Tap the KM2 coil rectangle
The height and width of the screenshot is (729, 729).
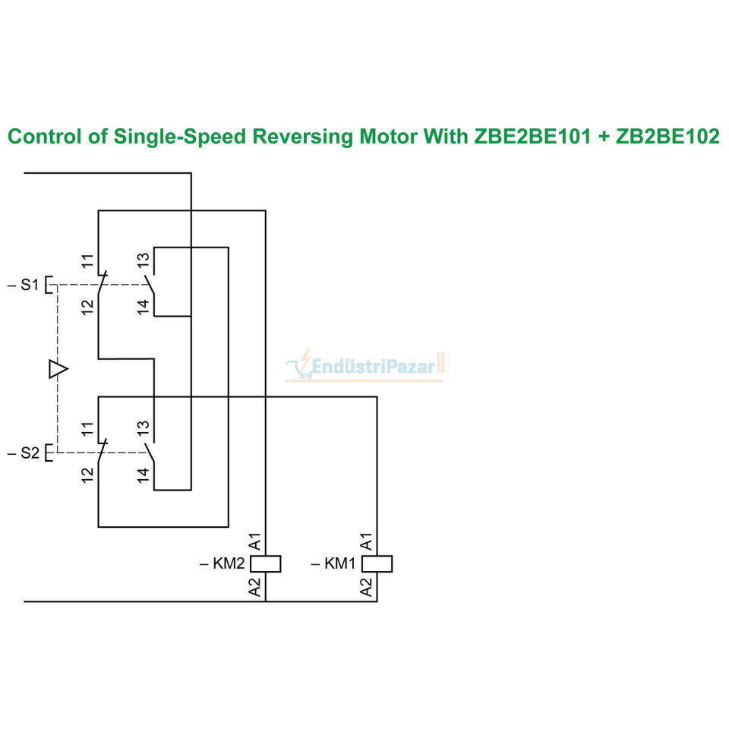[266, 564]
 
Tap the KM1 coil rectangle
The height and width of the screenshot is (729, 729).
[377, 564]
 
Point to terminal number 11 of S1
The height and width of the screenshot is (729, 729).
[87, 261]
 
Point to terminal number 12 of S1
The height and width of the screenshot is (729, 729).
[87, 308]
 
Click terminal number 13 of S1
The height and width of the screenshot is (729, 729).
[144, 260]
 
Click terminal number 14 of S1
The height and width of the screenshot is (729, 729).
[144, 307]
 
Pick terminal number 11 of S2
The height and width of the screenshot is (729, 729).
[87, 429]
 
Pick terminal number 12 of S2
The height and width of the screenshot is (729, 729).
[87, 475]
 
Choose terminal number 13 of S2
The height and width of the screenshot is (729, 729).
[144, 428]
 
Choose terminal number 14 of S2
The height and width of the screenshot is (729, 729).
[144, 475]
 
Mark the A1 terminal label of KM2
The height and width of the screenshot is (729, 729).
[255, 542]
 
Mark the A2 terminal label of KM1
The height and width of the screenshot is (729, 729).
[366, 587]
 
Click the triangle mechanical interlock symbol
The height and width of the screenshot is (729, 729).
[58, 369]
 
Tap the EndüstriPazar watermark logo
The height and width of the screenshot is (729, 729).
[365, 366]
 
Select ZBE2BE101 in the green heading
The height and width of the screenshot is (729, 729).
[533, 137]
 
